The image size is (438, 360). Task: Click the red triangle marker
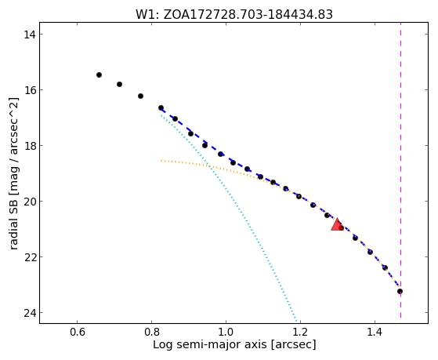[x=337, y=225]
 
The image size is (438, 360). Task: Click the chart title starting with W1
[x=234, y=15]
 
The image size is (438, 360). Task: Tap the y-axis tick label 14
[x=29, y=35]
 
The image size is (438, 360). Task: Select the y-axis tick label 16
[x=29, y=90]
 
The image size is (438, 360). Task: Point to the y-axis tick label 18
[x=29, y=146]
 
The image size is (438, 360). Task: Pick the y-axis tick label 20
[x=29, y=202]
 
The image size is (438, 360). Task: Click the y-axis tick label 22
[x=29, y=257]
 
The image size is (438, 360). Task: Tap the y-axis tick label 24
[x=29, y=313]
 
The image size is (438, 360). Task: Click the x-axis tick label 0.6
[x=77, y=332]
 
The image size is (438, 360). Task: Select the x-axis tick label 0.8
[x=151, y=332]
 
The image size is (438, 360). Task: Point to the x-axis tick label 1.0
[x=226, y=332]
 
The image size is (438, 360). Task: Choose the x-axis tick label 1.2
[x=300, y=332]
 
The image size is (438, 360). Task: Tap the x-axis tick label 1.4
[x=375, y=332]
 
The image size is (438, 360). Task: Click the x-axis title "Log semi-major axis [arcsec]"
[x=234, y=344]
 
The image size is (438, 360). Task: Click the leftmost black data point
[x=99, y=75]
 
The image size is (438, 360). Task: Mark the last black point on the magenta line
[x=400, y=292]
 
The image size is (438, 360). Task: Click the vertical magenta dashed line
[x=400, y=170]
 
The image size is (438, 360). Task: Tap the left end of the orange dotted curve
[x=161, y=161]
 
